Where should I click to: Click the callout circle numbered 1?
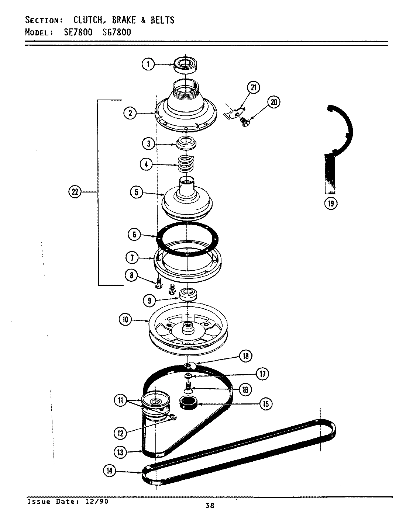(148, 65)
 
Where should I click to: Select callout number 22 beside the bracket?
(75, 192)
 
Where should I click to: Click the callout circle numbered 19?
(331, 203)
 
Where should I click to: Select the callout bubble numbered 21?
(254, 87)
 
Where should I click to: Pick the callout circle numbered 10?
(125, 319)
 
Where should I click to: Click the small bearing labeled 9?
(189, 295)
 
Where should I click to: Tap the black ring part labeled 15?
(188, 403)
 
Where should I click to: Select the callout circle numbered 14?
(110, 470)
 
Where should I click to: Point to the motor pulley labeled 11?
(154, 403)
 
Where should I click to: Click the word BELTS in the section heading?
(162, 20)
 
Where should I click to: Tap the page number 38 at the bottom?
(210, 506)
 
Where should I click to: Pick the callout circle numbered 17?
(262, 374)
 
